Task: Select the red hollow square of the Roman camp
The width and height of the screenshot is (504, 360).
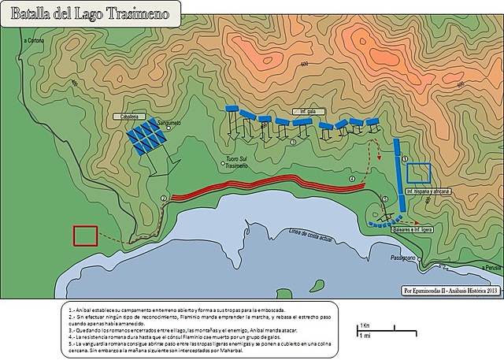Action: point(84,236)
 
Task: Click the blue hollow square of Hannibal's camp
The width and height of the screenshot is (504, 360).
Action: point(420,175)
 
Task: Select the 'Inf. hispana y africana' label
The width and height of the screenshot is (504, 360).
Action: point(428,191)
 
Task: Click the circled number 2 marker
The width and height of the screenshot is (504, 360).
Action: point(163,198)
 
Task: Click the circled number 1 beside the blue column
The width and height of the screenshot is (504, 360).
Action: point(405,158)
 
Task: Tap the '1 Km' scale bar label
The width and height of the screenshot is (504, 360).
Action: point(363,325)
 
